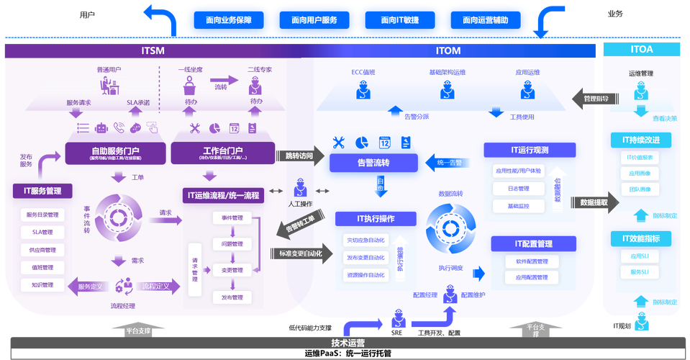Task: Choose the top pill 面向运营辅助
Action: pos(485,20)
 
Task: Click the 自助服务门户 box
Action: pos(115,153)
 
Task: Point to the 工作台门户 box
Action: pos(221,153)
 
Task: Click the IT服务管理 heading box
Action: pos(44,192)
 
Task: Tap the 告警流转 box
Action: pos(373,163)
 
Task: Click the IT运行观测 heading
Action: pos(529,150)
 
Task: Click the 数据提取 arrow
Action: pos(594,203)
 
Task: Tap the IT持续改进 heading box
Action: pos(640,139)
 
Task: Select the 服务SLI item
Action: pos(640,272)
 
